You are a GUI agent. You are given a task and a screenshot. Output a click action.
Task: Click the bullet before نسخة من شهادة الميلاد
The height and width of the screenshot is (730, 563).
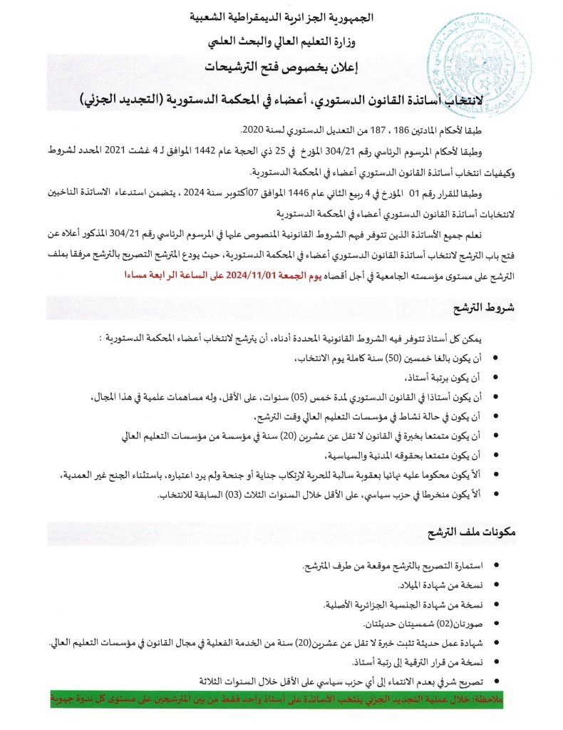click(x=495, y=586)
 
